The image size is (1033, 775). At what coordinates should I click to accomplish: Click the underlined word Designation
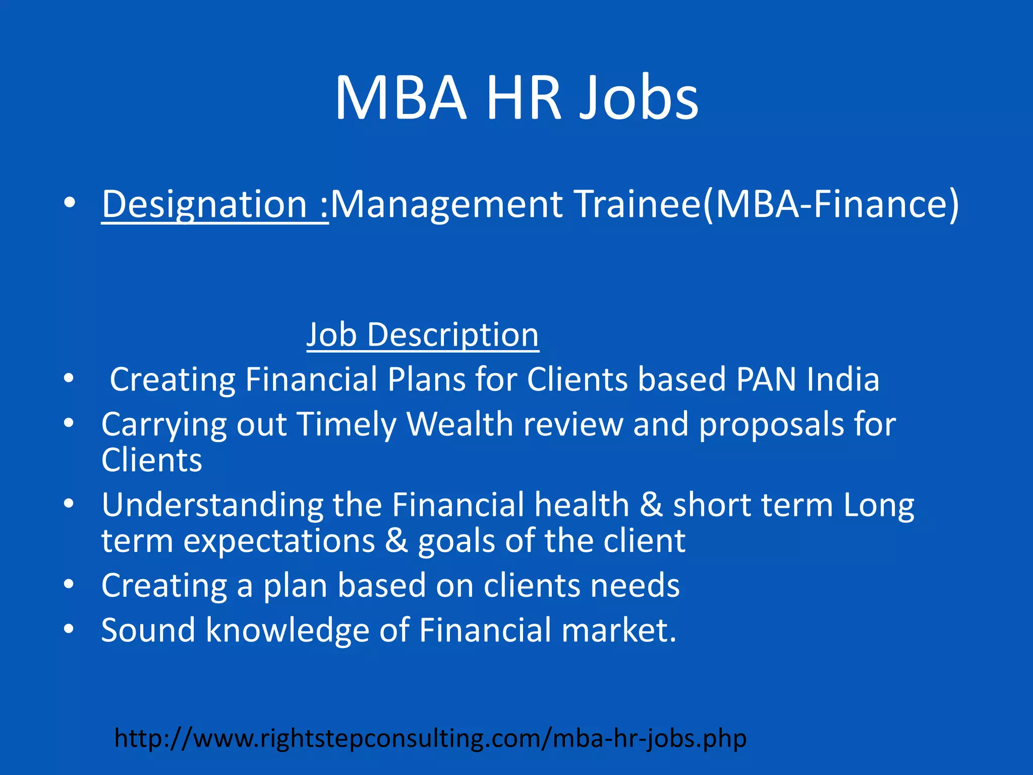pos(204,204)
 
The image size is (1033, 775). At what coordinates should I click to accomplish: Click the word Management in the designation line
pos(446,204)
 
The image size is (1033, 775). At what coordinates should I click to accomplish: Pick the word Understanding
pos(212,506)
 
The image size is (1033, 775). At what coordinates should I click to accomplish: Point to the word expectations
pos(279,541)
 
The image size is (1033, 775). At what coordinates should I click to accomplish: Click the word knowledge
pos(288,631)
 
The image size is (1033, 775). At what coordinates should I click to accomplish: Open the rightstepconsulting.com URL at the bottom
pos(430,738)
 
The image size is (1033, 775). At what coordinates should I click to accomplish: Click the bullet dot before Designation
pos(70,203)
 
